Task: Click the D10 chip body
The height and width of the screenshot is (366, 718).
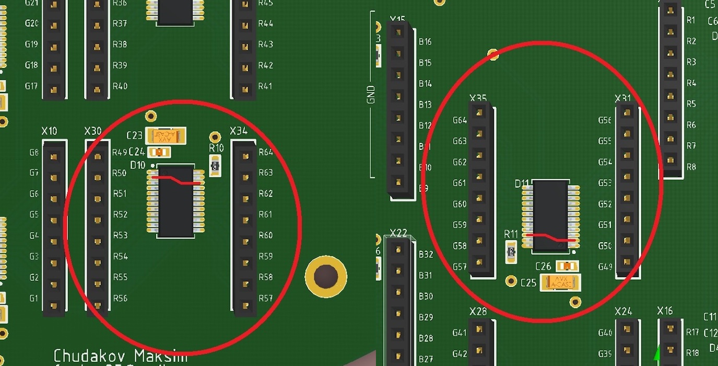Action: click(176, 209)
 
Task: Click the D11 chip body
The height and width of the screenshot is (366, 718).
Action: click(550, 209)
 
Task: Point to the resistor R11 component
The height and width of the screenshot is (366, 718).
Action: click(511, 253)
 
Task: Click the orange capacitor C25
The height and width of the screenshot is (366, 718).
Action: click(560, 282)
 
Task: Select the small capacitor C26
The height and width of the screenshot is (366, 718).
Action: click(567, 266)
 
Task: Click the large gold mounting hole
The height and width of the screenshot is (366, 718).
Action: click(326, 276)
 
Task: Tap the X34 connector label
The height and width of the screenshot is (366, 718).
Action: click(239, 131)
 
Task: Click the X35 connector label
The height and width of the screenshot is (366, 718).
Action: click(478, 98)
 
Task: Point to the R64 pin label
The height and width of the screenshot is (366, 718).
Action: click(266, 152)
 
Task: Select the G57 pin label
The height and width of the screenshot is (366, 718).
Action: click(460, 267)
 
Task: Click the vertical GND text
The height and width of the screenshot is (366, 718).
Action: click(371, 94)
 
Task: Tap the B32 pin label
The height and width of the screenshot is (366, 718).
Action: click(426, 255)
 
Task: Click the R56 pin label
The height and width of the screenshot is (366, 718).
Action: click(120, 298)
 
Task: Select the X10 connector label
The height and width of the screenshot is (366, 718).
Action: click(49, 131)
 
